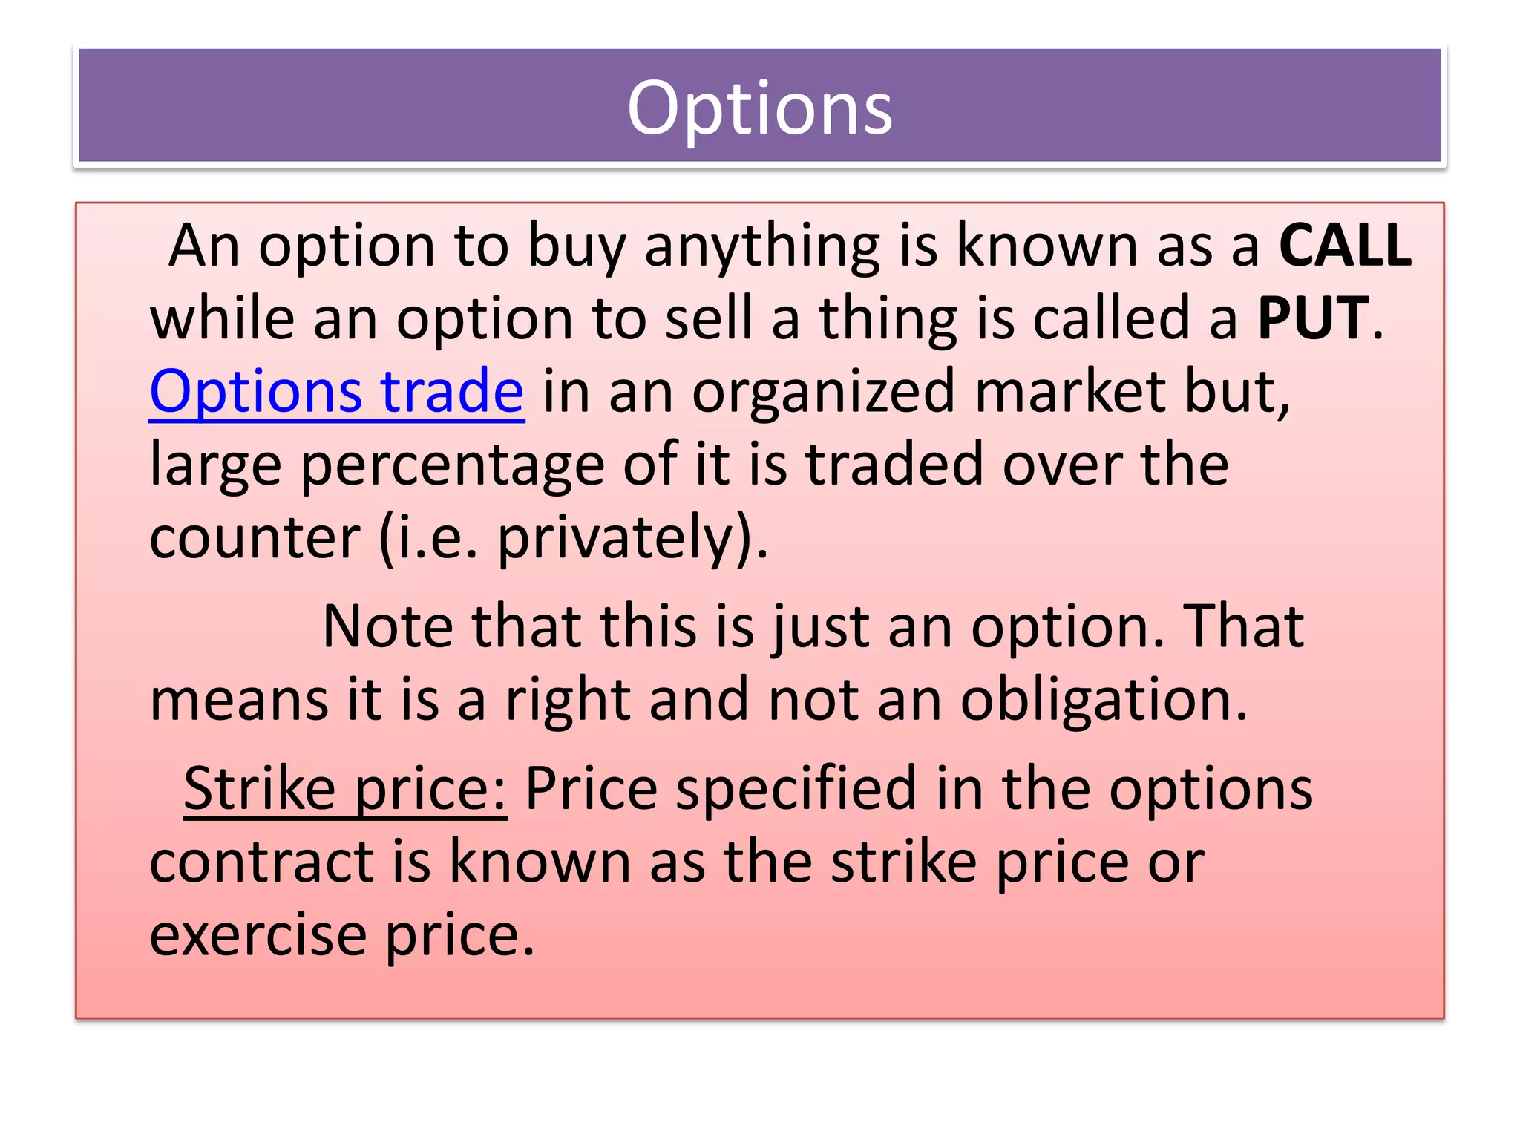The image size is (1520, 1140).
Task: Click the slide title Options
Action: point(759,108)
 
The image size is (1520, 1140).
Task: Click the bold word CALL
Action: point(1345,245)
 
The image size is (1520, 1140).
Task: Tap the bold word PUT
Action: point(1313,318)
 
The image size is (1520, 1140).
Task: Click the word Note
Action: point(387,626)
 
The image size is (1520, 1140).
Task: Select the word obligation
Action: point(1104,700)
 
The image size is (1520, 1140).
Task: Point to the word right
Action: point(568,700)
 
